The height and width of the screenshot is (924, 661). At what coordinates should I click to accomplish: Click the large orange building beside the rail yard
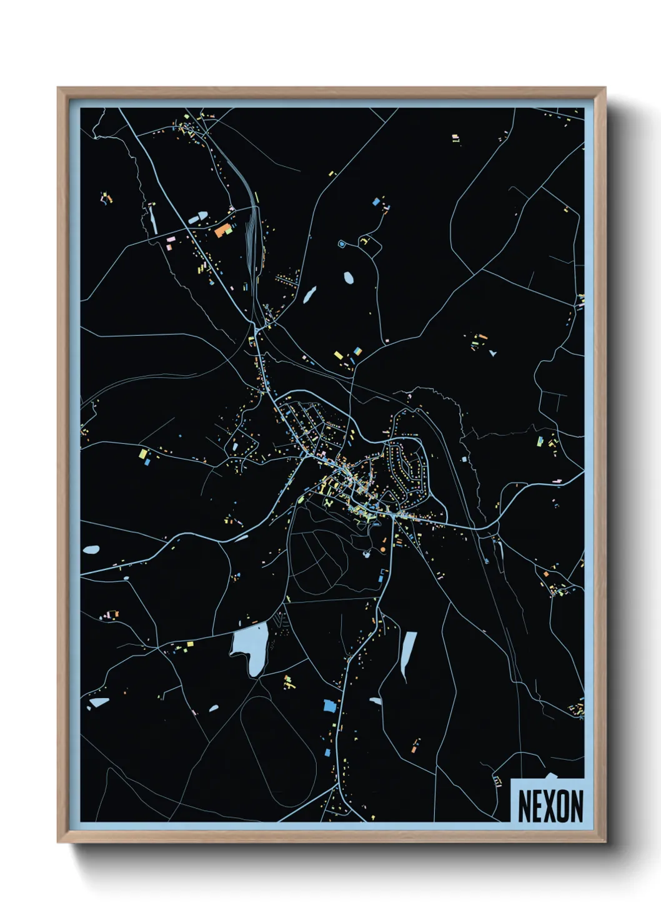[222, 230]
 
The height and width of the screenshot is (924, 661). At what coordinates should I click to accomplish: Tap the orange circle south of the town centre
[383, 549]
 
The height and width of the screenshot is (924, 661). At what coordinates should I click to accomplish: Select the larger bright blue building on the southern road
[329, 706]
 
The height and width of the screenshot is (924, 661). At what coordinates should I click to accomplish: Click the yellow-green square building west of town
[143, 453]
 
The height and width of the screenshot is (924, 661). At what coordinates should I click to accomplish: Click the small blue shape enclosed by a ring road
[342, 243]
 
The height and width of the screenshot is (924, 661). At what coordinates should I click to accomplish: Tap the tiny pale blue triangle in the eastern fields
[493, 353]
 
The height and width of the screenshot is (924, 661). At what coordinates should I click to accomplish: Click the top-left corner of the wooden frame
[59, 89]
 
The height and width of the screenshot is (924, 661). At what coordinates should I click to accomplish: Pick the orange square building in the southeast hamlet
[545, 574]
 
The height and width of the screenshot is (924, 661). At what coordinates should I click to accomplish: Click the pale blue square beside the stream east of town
[464, 460]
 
